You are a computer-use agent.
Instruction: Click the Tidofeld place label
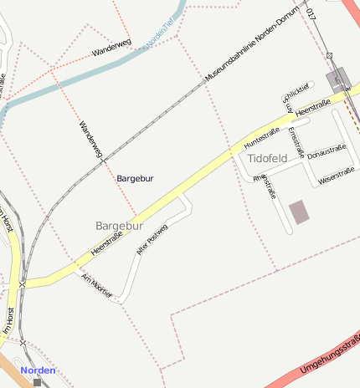click(268, 157)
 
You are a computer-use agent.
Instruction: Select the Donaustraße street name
click(327, 152)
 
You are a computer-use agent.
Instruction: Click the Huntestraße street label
click(261, 135)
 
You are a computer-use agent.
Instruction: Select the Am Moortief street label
click(96, 286)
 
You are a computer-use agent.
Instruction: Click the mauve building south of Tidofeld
click(299, 212)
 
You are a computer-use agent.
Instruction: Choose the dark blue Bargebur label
click(135, 178)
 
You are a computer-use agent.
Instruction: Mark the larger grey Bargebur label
click(120, 226)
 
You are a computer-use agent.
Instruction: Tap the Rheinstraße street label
click(265, 186)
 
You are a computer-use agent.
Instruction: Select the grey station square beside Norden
click(37, 382)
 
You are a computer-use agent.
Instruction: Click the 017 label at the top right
click(311, 13)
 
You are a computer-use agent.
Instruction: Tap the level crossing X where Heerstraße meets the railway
click(23, 284)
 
